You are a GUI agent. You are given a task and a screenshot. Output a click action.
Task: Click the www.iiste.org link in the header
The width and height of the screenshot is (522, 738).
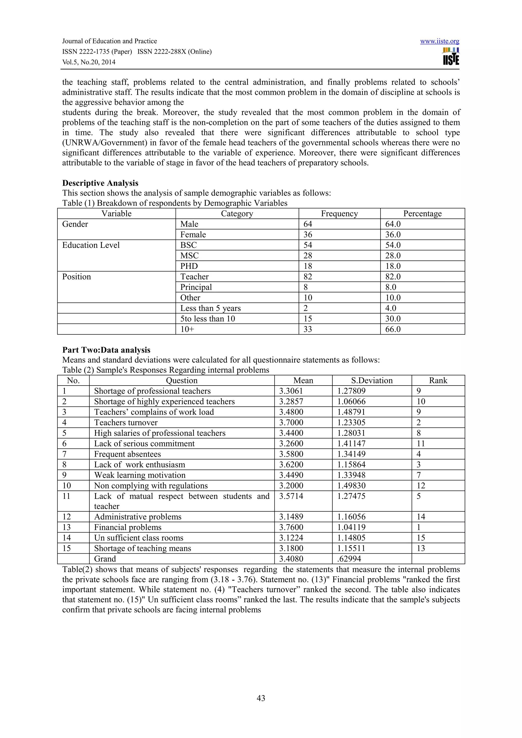(x=439, y=41)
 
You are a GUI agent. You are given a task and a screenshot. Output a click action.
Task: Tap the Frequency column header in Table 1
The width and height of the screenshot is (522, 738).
(x=339, y=214)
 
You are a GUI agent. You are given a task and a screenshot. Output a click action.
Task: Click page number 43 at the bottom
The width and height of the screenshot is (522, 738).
(x=261, y=698)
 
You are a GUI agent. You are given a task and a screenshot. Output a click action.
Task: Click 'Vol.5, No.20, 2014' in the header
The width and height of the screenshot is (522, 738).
(x=88, y=62)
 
